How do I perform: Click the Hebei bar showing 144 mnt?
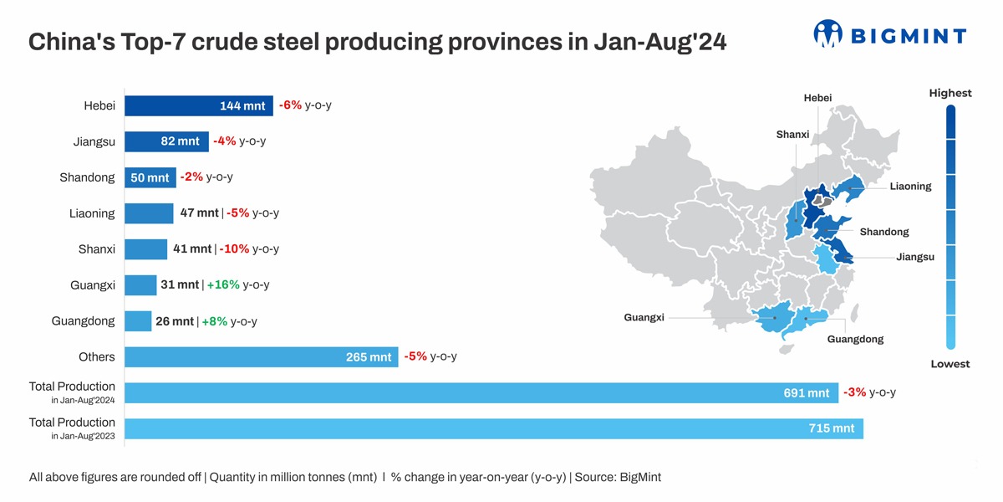(198, 105)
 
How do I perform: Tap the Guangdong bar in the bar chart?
(138, 321)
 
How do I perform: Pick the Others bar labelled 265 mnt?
(261, 357)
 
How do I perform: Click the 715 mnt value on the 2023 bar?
(831, 428)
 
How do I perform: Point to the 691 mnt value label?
(806, 393)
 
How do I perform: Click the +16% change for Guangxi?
(223, 285)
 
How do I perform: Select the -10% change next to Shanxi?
(234, 249)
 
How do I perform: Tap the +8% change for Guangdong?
(214, 321)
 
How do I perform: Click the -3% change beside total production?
(854, 392)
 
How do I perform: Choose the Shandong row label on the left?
(87, 177)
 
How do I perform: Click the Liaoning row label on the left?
(92, 213)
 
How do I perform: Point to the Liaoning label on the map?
(910, 187)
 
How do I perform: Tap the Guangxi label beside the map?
(644, 318)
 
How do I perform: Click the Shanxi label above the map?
(792, 135)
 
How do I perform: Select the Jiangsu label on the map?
(915, 257)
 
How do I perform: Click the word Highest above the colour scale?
(950, 93)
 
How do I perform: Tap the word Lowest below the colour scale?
(950, 364)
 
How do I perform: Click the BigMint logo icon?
(827, 33)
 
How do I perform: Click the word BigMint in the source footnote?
(640, 477)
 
